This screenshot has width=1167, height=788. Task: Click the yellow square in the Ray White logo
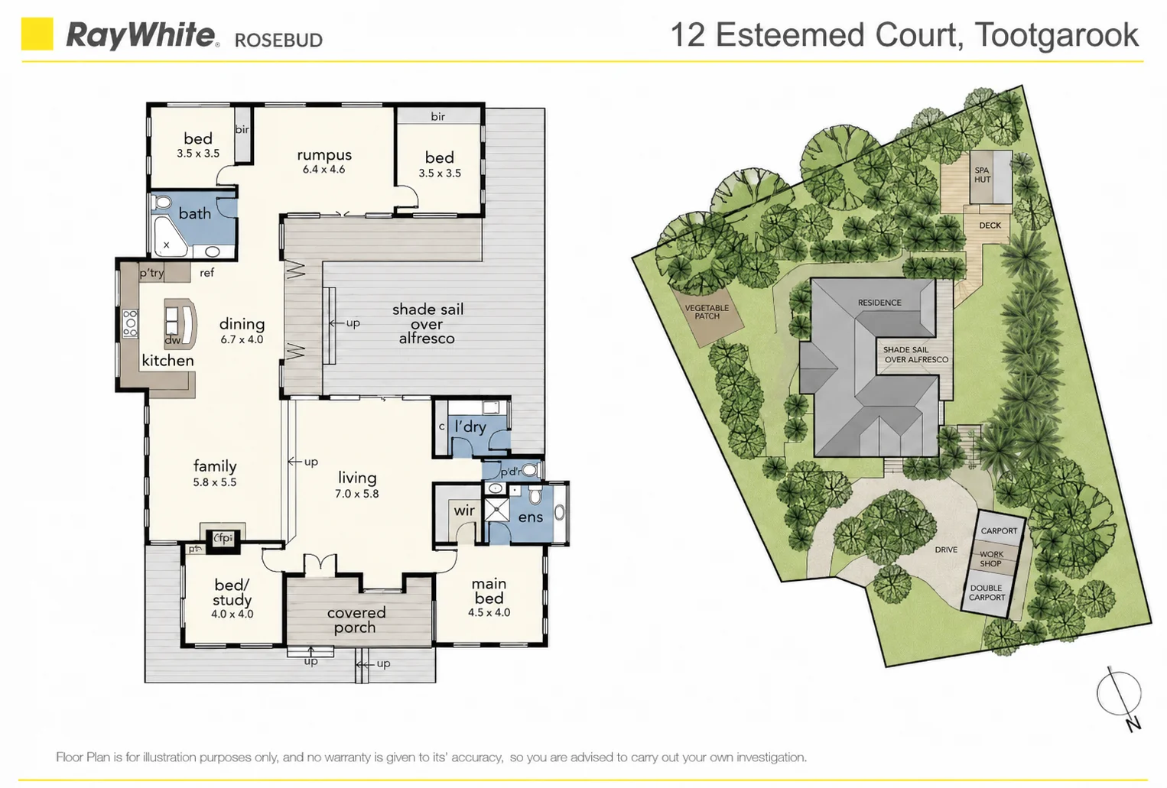[x=37, y=34]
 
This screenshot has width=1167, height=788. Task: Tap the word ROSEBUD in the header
[x=278, y=40]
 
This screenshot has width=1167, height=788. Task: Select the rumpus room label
[x=324, y=154]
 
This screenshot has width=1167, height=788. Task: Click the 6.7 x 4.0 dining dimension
[x=242, y=339]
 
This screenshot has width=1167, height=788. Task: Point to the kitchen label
[x=167, y=361]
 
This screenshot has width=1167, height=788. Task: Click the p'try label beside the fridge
[x=151, y=272]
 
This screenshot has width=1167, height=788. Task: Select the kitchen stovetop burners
[x=130, y=323]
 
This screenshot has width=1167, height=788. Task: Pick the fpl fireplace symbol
[x=223, y=538]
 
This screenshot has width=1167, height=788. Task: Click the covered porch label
[x=356, y=620]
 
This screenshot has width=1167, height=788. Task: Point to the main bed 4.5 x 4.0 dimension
[x=489, y=612]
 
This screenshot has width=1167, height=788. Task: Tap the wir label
[x=464, y=511]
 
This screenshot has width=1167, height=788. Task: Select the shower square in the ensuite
[x=496, y=509]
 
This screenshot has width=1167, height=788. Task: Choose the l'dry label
[x=470, y=426]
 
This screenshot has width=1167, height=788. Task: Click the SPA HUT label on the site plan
[x=982, y=175]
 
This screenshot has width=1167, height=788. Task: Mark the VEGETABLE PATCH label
[x=707, y=312]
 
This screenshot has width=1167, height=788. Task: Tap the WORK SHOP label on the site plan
[x=990, y=559]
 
